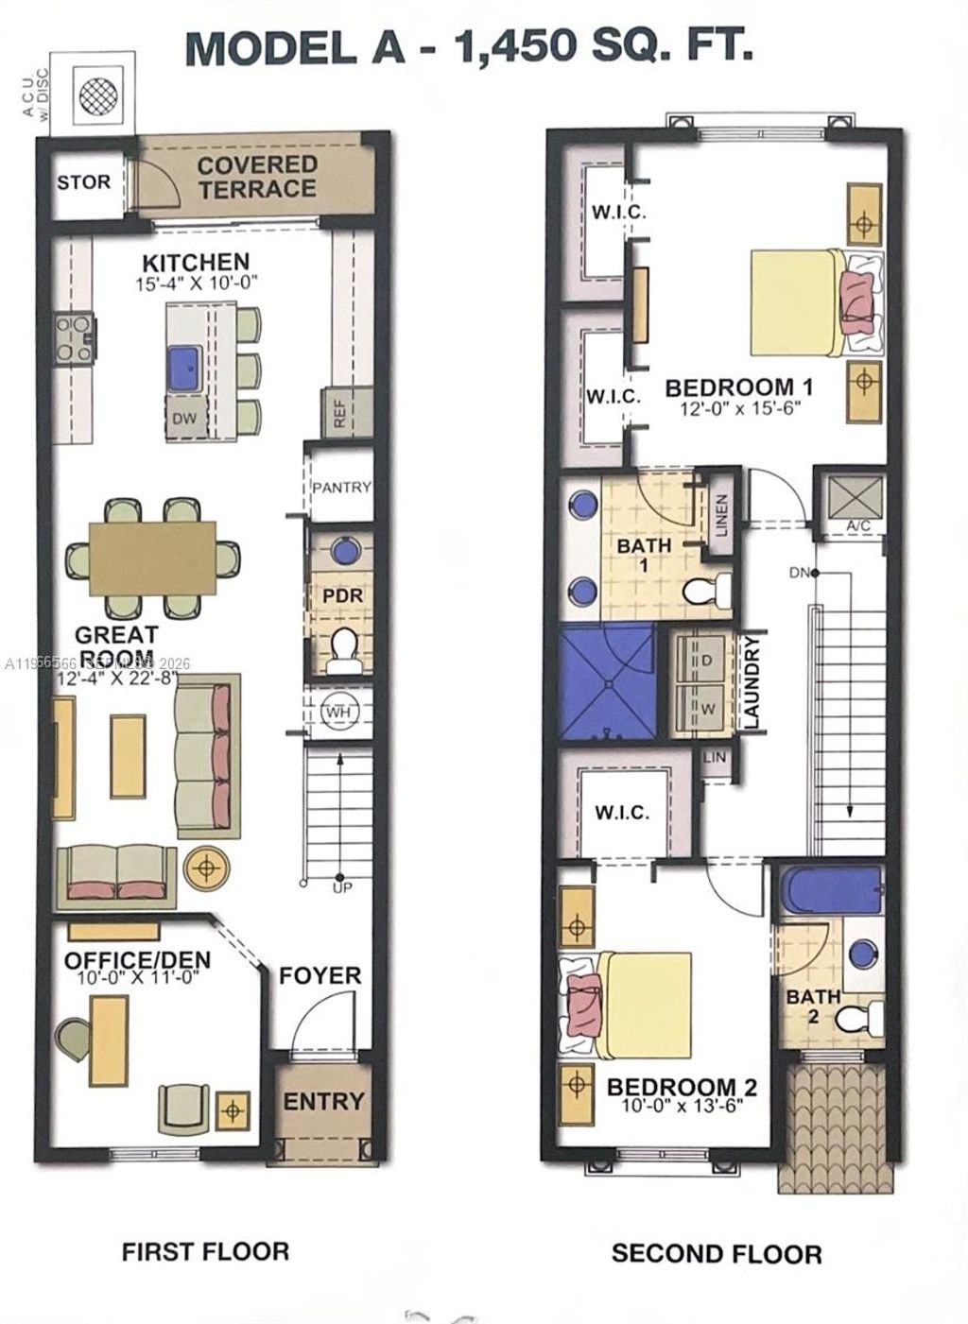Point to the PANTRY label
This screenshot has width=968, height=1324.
[341, 487]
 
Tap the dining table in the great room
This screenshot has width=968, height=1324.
[152, 559]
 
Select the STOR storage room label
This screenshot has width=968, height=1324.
[83, 181]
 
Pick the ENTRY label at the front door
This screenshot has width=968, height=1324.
[323, 1101]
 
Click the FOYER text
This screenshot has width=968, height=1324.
[320, 975]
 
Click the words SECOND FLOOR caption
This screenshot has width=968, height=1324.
[716, 1254]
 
